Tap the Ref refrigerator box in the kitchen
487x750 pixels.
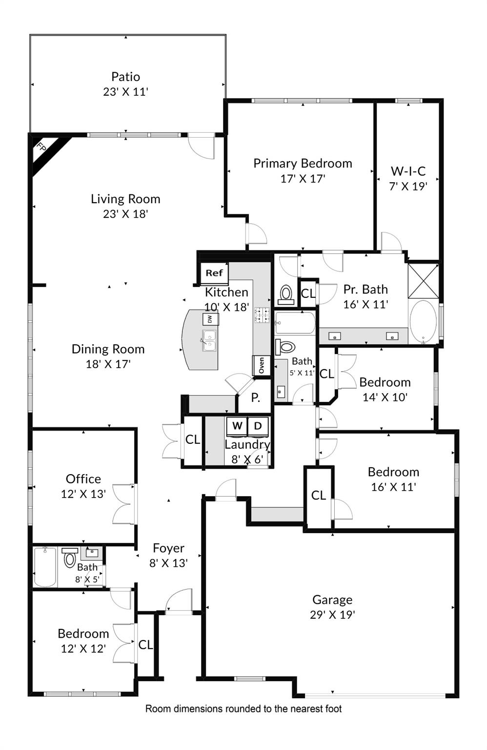[214, 273]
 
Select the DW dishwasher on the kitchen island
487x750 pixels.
[210, 319]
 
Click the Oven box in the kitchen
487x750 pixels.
[261, 365]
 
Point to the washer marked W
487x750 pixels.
[237, 426]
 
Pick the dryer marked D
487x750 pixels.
[258, 426]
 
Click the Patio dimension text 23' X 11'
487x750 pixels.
[125, 92]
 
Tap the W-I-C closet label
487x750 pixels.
[408, 171]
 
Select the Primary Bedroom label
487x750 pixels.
[303, 164]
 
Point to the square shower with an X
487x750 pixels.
[423, 281]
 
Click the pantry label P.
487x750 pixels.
[255, 398]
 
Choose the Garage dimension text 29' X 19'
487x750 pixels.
[332, 615]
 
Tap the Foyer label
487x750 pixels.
[168, 548]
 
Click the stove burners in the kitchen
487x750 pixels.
[262, 315]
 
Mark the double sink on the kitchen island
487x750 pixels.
[209, 340]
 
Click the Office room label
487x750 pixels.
[83, 479]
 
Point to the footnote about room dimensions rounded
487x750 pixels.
[243, 708]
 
